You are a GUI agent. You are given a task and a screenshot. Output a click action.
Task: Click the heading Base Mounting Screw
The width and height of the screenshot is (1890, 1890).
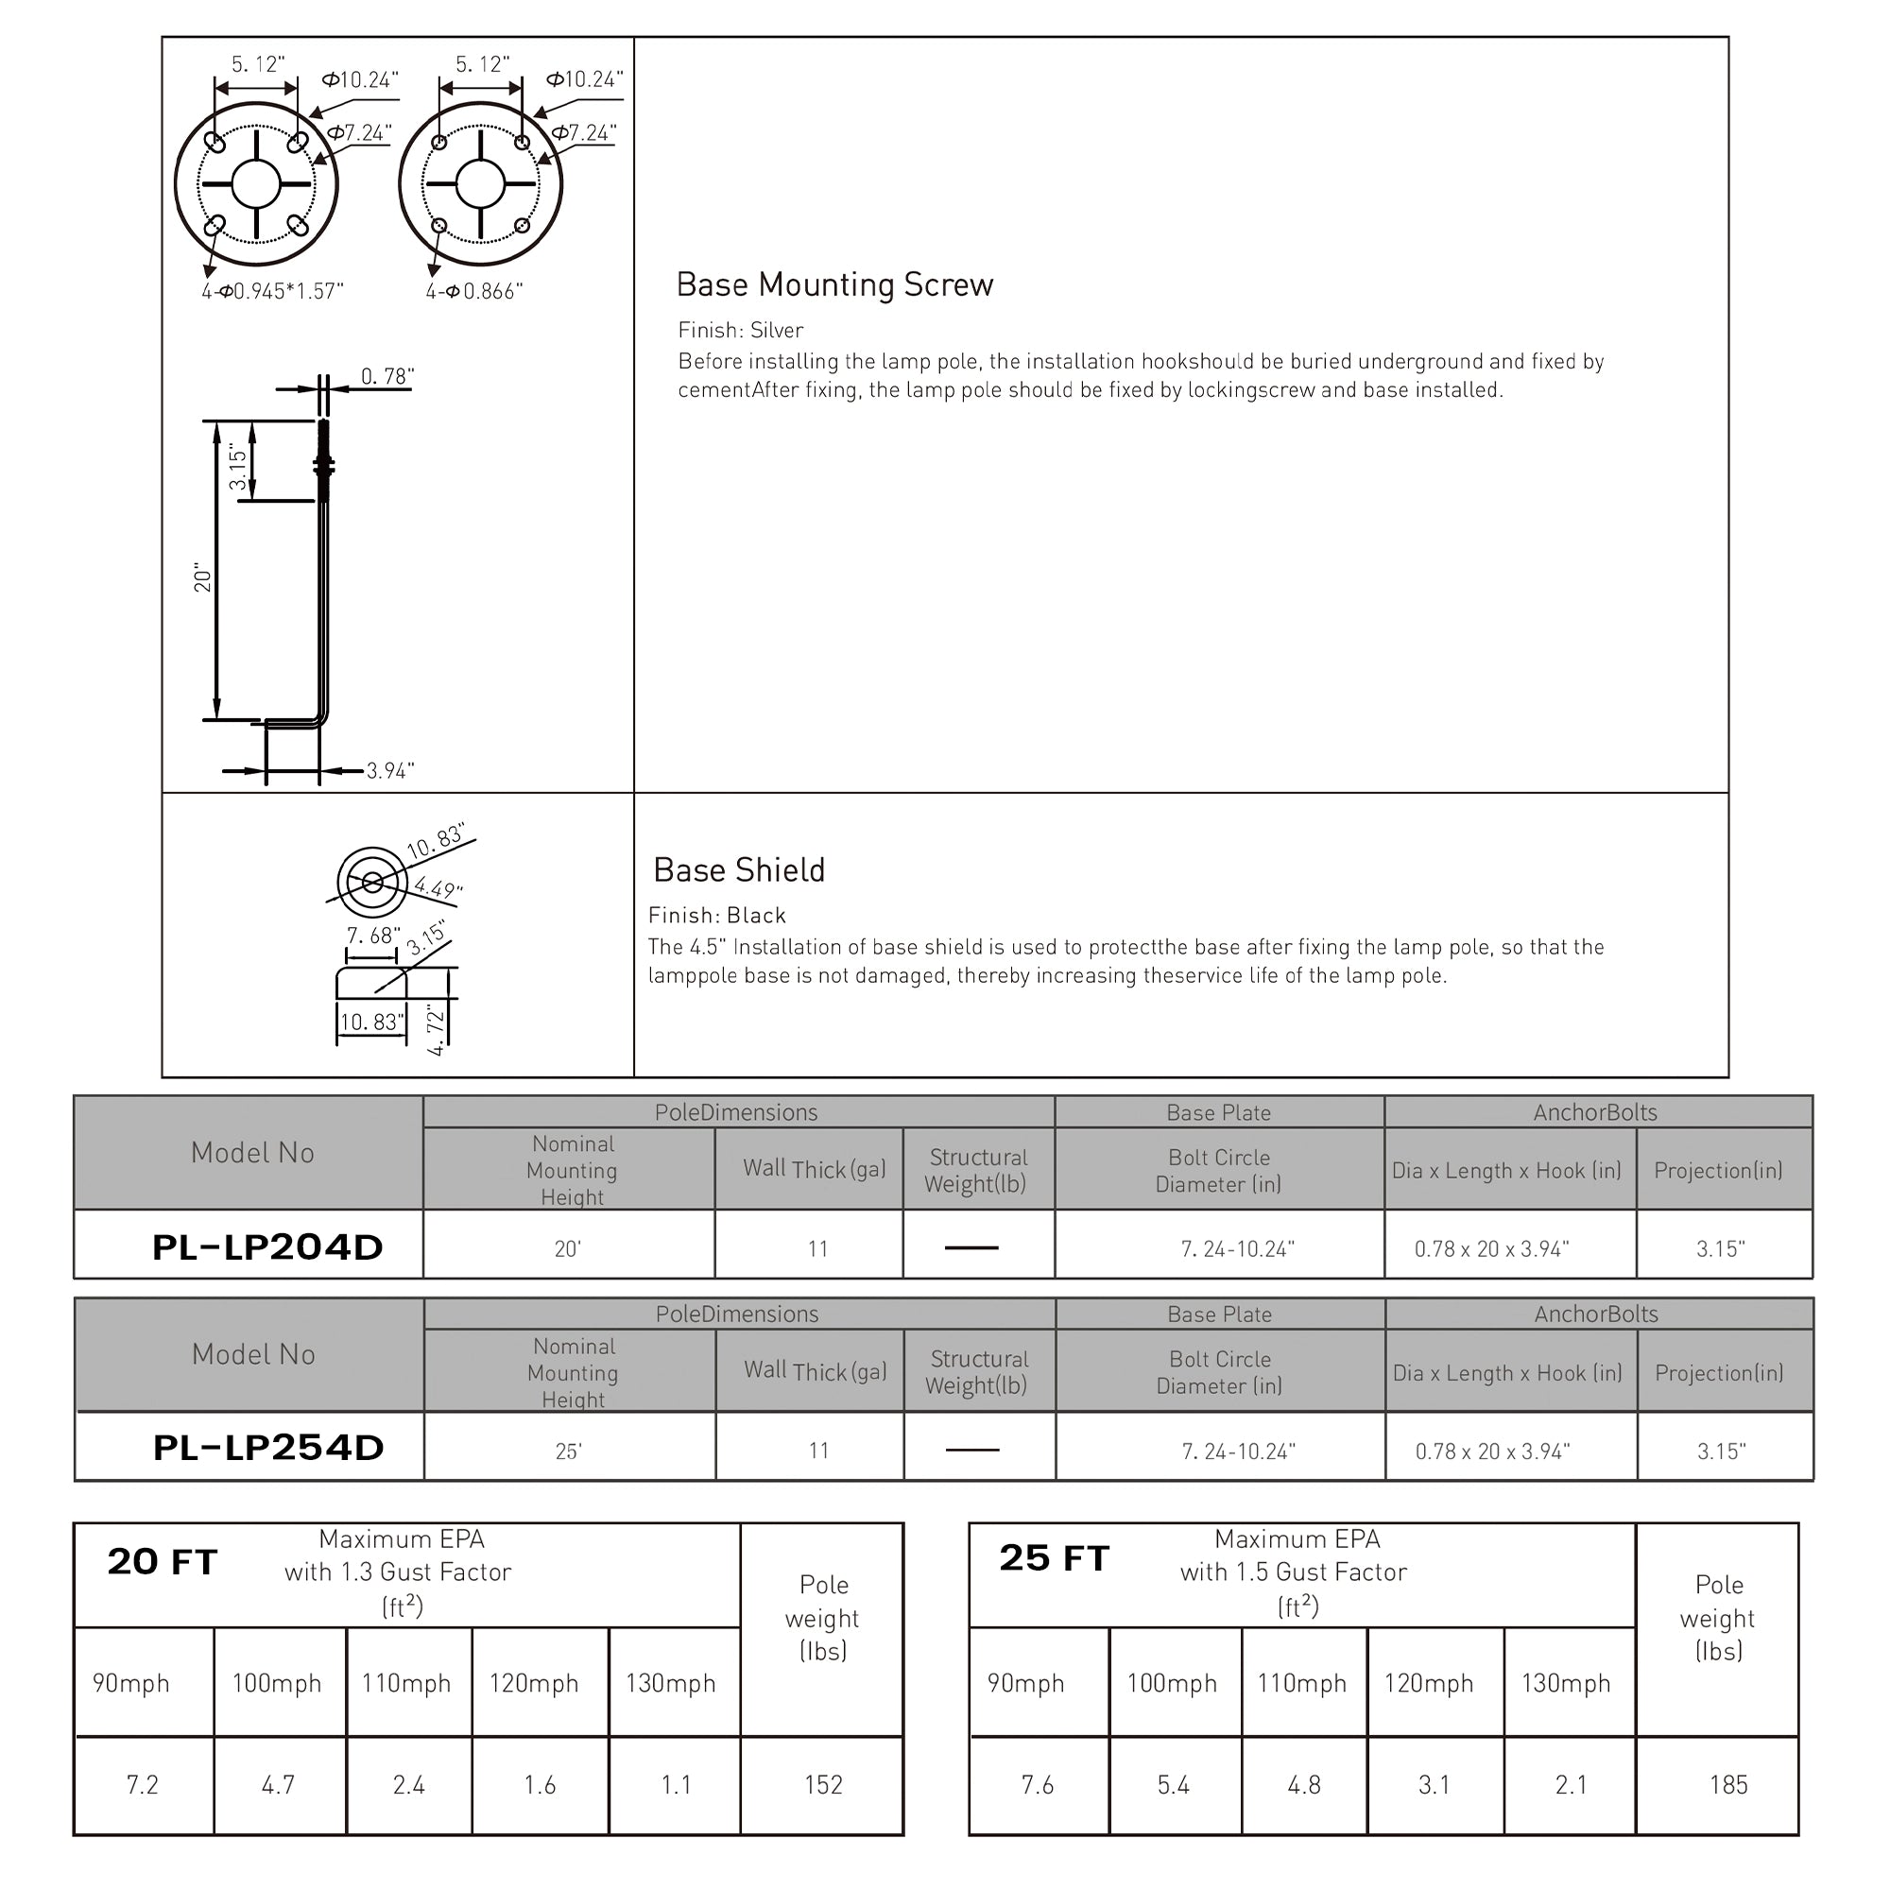(x=834, y=284)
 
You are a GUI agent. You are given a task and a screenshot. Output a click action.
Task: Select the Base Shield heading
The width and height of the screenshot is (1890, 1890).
(x=739, y=869)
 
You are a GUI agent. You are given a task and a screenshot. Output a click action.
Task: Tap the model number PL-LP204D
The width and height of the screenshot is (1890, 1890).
(x=267, y=1247)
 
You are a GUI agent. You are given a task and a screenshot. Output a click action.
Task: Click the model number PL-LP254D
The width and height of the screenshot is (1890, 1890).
(x=268, y=1448)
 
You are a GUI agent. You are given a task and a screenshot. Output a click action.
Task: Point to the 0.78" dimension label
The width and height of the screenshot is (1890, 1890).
(x=387, y=377)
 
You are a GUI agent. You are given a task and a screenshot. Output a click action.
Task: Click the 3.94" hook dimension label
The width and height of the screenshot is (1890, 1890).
(x=390, y=771)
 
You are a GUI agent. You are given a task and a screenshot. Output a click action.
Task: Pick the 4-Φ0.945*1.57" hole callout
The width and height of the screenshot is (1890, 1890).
(x=273, y=291)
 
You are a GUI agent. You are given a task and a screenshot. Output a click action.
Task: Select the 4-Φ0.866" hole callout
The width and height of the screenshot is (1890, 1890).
(x=474, y=291)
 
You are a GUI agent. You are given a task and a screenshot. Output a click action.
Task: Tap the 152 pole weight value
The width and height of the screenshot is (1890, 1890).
(x=823, y=1785)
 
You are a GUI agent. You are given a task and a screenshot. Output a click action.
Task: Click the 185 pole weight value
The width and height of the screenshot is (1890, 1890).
(x=1727, y=1785)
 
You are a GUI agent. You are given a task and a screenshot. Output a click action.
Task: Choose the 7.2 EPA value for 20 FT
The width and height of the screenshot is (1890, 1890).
(x=142, y=1785)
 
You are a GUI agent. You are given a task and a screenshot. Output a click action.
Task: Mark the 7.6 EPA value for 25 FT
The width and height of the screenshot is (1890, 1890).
(x=1037, y=1785)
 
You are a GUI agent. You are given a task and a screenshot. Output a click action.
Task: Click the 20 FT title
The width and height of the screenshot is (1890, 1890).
(x=163, y=1562)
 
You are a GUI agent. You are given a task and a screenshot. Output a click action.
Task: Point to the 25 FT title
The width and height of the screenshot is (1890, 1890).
(x=1054, y=1558)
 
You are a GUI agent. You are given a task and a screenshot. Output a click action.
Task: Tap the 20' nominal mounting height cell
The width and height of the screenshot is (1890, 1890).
(x=567, y=1249)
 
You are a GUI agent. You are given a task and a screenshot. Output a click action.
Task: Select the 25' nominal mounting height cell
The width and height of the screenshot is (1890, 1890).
(x=568, y=1452)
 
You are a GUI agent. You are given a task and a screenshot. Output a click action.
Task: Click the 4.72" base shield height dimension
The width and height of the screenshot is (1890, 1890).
(x=437, y=1028)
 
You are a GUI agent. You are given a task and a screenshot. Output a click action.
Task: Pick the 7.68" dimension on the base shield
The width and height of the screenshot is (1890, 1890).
(x=372, y=936)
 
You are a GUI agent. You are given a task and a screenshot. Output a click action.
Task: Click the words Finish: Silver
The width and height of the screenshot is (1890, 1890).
(x=741, y=331)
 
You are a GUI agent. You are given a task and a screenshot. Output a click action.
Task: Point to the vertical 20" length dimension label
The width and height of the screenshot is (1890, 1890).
(x=202, y=577)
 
